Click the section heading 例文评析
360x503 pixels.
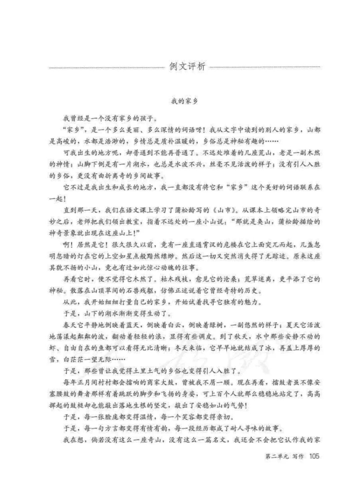click(187, 67)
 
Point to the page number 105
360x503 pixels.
click(314, 456)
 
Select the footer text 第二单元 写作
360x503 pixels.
click(284, 456)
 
